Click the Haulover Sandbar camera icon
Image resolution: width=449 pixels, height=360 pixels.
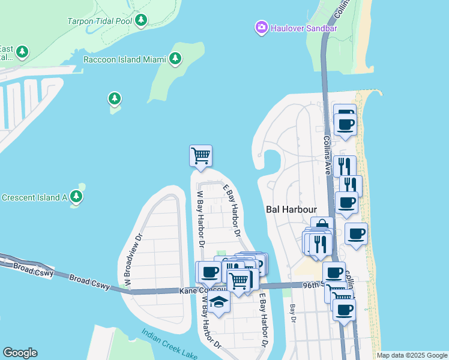pyautogui.click(x=261, y=28)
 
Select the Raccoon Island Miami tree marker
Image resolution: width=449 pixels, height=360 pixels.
pyautogui.click(x=175, y=59)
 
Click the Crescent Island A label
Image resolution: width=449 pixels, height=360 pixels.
pyautogui.click(x=34, y=197)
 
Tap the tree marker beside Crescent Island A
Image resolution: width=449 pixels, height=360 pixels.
pyautogui.click(x=76, y=196)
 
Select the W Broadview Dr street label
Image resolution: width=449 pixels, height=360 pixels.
pyautogui.click(x=132, y=259)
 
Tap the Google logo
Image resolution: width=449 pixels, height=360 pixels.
pyautogui.click(x=20, y=353)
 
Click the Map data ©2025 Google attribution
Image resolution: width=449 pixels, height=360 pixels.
pyautogui.click(x=411, y=355)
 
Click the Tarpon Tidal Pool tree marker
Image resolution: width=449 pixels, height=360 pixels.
pyautogui.click(x=141, y=20)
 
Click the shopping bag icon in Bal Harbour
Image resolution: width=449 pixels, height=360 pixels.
pyautogui.click(x=322, y=226)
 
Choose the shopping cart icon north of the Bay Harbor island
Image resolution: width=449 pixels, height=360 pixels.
pyautogui.click(x=200, y=155)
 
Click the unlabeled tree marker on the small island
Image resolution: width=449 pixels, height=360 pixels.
pyautogui.click(x=114, y=98)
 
